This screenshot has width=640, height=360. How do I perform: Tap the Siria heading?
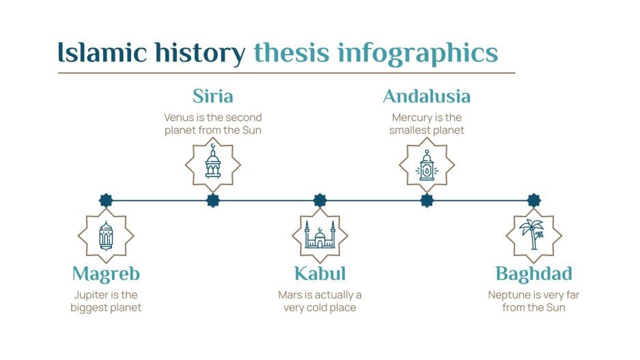pyautogui.click(x=212, y=96)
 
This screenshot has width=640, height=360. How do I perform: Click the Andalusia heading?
pyautogui.click(x=426, y=96)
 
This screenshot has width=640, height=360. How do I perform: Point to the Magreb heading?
pyautogui.click(x=106, y=274)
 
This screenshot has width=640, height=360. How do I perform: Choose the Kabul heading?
pyautogui.click(x=320, y=274)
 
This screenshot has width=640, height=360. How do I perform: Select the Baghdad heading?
pyautogui.click(x=533, y=274)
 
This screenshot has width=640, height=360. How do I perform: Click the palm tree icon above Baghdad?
pyautogui.click(x=533, y=235)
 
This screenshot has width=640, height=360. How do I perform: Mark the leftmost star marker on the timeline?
pyautogui.click(x=106, y=200)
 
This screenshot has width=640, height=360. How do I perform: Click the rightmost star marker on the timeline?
pyautogui.click(x=533, y=200)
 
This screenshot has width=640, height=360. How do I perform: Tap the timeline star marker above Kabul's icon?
pyautogui.click(x=320, y=200)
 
